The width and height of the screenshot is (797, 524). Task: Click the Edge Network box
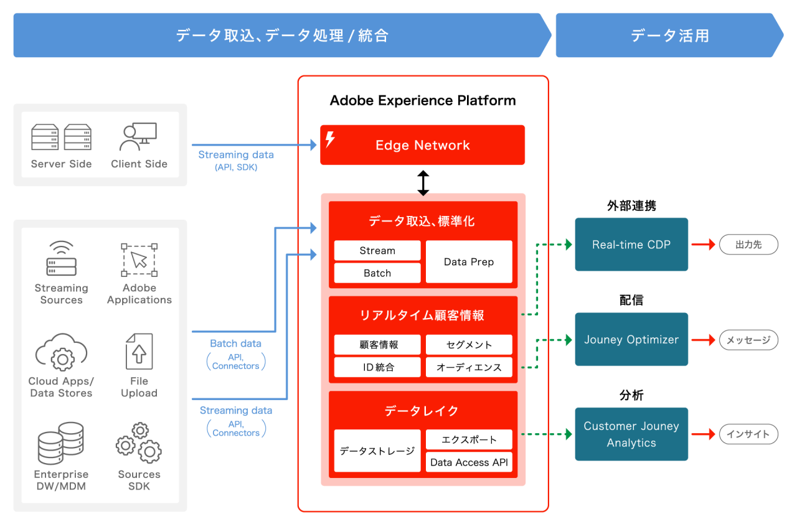pyautogui.click(x=422, y=145)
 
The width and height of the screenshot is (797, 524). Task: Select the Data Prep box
pyautogui.click(x=469, y=262)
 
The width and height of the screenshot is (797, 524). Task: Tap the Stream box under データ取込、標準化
pyautogui.click(x=377, y=251)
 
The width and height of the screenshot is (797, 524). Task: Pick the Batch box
pyautogui.click(x=377, y=273)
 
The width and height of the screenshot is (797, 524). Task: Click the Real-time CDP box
pyautogui.click(x=631, y=245)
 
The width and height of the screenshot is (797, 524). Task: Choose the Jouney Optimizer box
pyautogui.click(x=631, y=340)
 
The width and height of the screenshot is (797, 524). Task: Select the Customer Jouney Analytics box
pyautogui.click(x=631, y=434)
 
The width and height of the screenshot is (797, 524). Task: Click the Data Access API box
pyautogui.click(x=469, y=462)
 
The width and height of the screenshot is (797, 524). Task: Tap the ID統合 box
pyautogui.click(x=377, y=367)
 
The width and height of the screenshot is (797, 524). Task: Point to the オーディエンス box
pyautogui.click(x=469, y=367)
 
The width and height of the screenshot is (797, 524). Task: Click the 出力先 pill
pyautogui.click(x=748, y=245)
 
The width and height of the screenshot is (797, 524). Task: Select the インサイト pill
pyautogui.click(x=748, y=434)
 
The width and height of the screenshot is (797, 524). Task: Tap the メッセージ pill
pyautogui.click(x=748, y=340)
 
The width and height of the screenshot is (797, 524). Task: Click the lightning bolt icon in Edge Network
pyautogui.click(x=330, y=139)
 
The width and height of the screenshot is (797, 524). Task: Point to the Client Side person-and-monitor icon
pyautogui.click(x=138, y=137)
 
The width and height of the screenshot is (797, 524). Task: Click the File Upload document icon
pyautogui.click(x=139, y=352)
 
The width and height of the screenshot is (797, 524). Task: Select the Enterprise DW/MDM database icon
pyautogui.click(x=60, y=443)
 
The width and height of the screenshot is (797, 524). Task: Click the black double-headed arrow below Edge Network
pyautogui.click(x=423, y=183)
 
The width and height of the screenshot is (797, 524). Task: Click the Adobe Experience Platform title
pyautogui.click(x=423, y=100)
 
